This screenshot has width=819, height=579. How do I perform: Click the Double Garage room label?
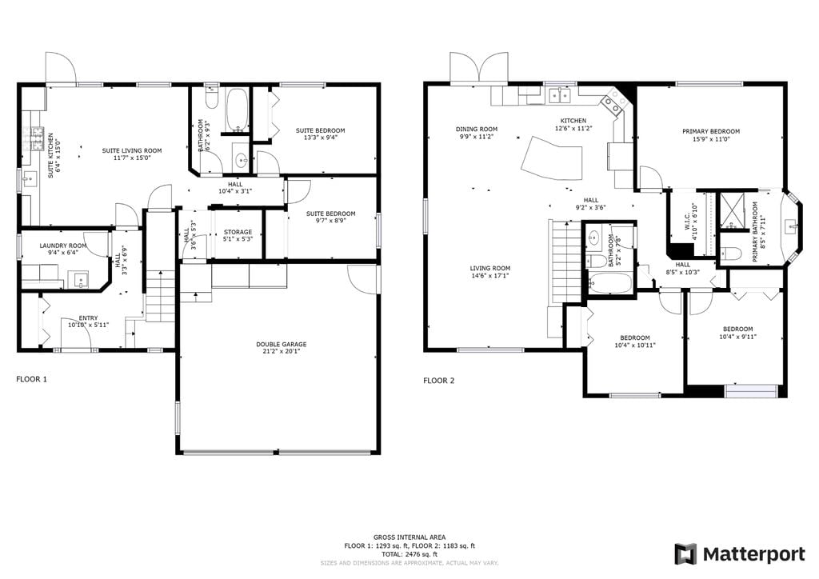pos(281,344)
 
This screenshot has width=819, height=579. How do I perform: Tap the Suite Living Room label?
pos(132,150)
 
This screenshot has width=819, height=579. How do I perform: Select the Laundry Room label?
pos(63,246)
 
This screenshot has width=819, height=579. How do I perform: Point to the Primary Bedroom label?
pos(711,131)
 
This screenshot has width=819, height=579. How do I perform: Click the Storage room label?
pos(238,232)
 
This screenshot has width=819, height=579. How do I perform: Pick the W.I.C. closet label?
pos(687,221)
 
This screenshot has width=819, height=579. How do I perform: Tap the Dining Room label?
pos(477,129)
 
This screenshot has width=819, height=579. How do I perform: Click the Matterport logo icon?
pos(685,554)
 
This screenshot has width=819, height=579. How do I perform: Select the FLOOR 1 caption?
pos(31,379)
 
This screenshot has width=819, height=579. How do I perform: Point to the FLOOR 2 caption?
pos(439,380)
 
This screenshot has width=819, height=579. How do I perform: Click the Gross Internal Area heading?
pos(409,537)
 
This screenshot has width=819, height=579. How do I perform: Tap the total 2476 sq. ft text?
pos(409,554)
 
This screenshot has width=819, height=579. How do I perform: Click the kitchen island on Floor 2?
pos(552,158)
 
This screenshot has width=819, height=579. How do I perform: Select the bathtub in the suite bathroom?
pos(238,110)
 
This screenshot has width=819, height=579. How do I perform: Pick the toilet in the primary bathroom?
pos(731,254)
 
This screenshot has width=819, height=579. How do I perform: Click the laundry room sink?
pos(82,280)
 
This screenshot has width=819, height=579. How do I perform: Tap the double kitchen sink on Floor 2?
pos(561,95)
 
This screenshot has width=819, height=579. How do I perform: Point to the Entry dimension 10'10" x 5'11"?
pos(88,325)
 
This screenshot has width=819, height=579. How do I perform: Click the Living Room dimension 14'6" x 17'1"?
pos(490,275)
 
